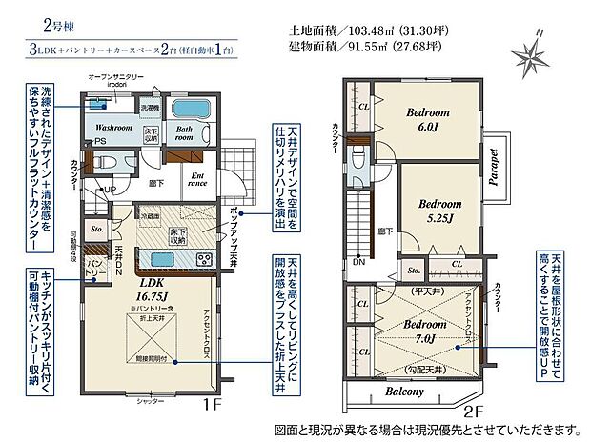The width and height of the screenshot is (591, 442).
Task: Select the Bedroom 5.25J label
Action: (x=439, y=210)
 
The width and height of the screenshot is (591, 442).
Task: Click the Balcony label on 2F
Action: (x=406, y=391)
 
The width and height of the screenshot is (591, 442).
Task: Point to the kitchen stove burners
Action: (x=202, y=259)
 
